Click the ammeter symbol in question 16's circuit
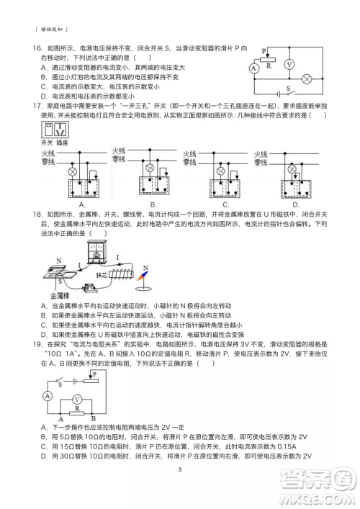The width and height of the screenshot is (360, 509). (x=253, y=67)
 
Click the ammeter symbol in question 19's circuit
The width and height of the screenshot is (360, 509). (x=48, y=396)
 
